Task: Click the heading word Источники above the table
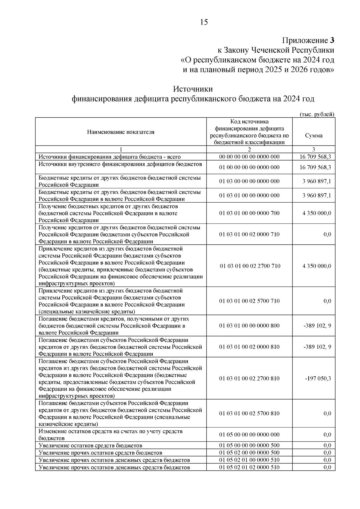click(193, 89)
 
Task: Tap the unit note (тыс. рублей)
click(317, 114)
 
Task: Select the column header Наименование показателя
click(121, 132)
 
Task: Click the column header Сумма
click(313, 136)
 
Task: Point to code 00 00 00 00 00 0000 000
click(249, 157)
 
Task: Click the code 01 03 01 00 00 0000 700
click(249, 213)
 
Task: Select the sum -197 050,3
click(318, 378)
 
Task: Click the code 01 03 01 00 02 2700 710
click(250, 266)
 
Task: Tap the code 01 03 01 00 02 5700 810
click(249, 414)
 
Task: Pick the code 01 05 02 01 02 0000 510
click(249, 467)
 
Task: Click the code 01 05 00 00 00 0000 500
click(249, 445)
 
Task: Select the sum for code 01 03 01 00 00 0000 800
click(317, 326)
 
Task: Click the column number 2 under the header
click(249, 149)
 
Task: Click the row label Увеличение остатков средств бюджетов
click(90, 445)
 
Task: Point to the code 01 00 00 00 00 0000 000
click(249, 167)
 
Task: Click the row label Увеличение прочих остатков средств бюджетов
click(100, 453)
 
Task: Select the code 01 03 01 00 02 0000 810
click(249, 347)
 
